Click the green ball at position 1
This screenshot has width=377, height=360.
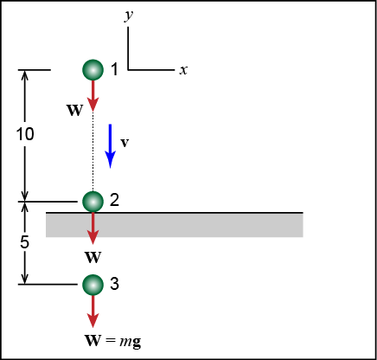[93, 70]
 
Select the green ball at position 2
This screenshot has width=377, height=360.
[93, 202]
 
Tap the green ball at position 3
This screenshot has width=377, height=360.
[93, 285]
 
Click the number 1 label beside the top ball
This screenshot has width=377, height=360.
[115, 69]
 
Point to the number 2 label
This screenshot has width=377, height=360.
[114, 200]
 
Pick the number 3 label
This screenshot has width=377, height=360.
[114, 283]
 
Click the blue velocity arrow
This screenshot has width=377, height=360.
[110, 146]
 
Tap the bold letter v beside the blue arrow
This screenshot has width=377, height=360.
[125, 143]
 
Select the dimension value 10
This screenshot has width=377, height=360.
[25, 134]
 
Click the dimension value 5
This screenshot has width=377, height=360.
[25, 241]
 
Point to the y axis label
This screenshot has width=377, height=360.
[129, 15]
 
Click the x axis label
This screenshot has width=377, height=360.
[183, 70]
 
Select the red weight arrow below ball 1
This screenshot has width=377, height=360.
[93, 96]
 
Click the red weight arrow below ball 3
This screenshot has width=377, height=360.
[93, 312]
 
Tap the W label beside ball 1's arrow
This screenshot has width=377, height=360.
[75, 110]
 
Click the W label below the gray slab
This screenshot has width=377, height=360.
[93, 257]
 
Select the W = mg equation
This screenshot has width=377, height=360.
[113, 341]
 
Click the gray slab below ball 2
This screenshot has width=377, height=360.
[175, 225]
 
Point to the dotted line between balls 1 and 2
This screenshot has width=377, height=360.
[93, 151]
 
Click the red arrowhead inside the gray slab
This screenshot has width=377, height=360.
[93, 237]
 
